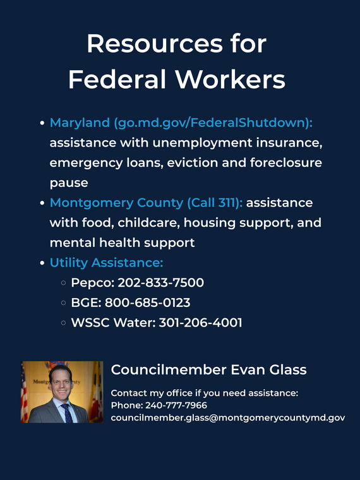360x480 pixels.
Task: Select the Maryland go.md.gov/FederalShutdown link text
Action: (181, 123)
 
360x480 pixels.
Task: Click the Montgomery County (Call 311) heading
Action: (147, 203)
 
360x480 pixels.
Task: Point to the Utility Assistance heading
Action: (106, 263)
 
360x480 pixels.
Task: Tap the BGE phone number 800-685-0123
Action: (147, 303)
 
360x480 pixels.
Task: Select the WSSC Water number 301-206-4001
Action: (200, 323)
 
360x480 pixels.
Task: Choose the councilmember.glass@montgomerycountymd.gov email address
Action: (228, 418)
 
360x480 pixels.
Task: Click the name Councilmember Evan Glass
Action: (209, 369)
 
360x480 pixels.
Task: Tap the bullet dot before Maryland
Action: (42, 123)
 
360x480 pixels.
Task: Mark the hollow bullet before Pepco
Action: (63, 283)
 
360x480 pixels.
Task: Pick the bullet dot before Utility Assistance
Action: (42, 263)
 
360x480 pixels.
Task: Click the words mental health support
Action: (122, 243)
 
